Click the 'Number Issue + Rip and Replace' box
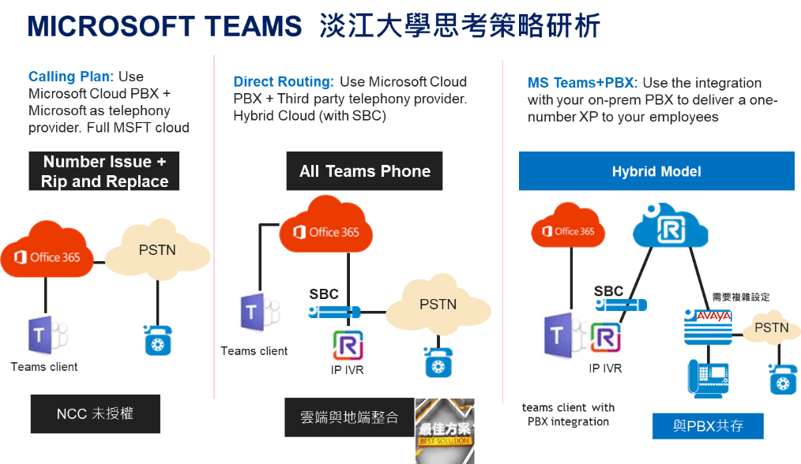click(x=104, y=171)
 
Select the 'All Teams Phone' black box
click(x=364, y=171)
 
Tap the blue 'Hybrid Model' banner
click(x=656, y=171)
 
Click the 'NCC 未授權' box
click(x=95, y=414)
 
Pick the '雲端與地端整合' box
click(x=349, y=417)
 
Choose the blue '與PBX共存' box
click(x=708, y=426)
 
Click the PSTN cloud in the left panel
click(x=157, y=251)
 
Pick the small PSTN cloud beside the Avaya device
click(x=770, y=327)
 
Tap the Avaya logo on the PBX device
click(x=713, y=316)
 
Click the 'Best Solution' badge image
click(x=445, y=430)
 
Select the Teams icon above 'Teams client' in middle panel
click(x=259, y=312)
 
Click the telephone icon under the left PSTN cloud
click(x=157, y=339)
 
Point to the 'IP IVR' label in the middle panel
click(x=348, y=369)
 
